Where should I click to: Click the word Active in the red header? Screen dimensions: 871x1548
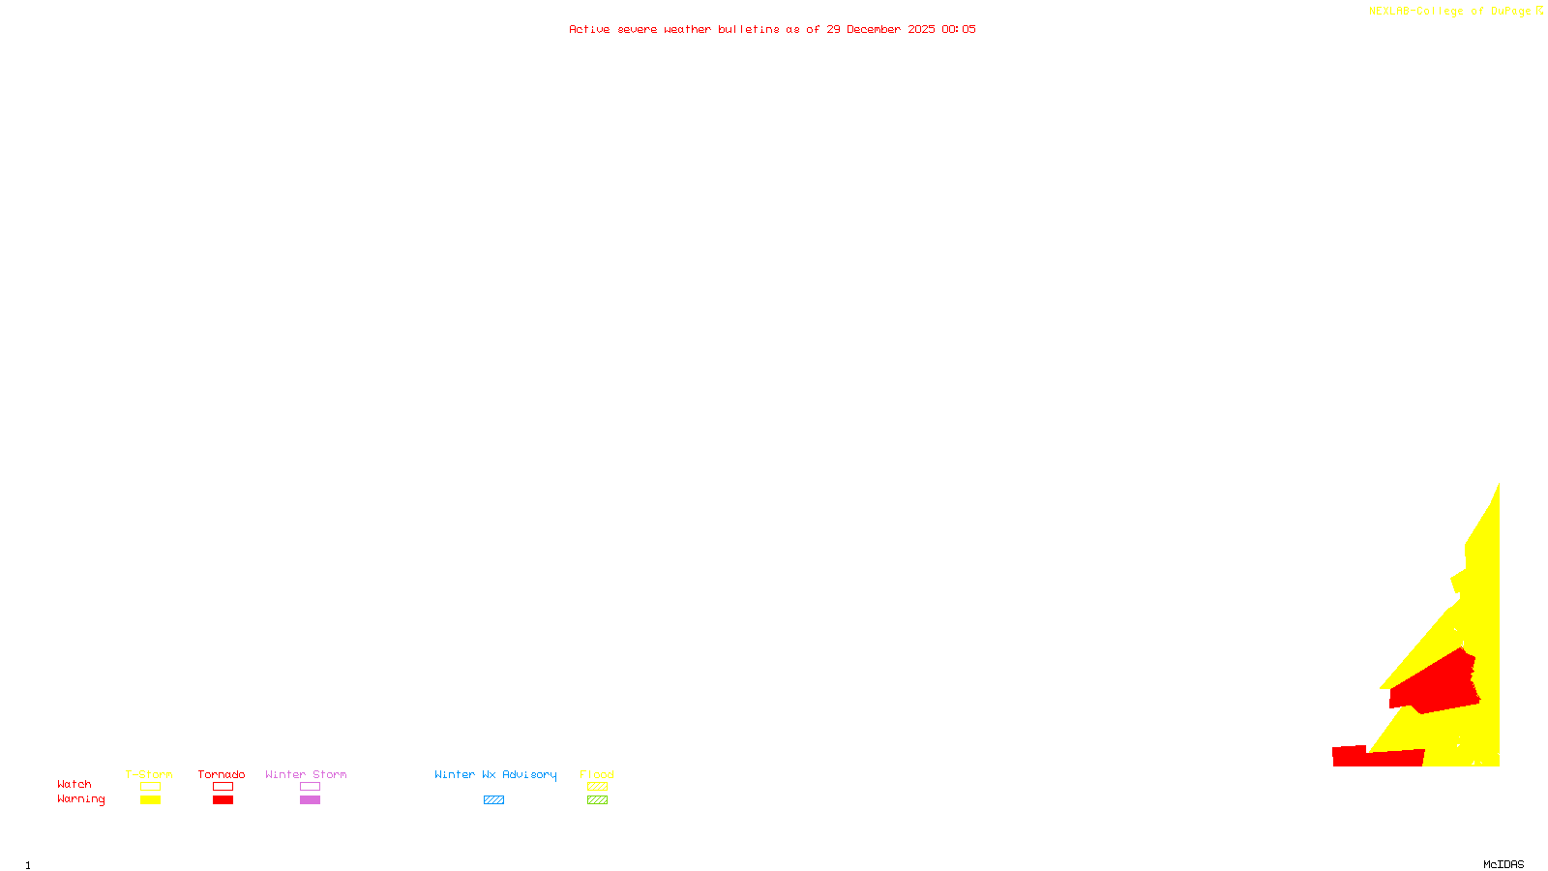click(x=589, y=30)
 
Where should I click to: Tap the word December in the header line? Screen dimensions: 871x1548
click(x=874, y=30)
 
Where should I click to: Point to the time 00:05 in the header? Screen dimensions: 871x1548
click(x=959, y=30)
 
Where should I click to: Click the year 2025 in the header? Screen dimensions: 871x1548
click(x=921, y=30)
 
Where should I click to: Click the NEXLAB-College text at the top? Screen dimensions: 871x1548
click(x=1415, y=12)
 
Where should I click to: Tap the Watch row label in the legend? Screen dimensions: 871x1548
click(x=74, y=785)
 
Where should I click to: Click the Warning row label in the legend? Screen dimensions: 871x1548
click(x=80, y=799)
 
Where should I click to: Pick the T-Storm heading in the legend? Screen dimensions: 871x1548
click(x=149, y=774)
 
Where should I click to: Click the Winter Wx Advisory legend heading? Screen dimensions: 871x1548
click(x=495, y=774)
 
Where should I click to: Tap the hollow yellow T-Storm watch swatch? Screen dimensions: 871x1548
click(x=150, y=787)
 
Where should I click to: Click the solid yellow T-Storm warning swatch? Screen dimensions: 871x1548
click(x=150, y=800)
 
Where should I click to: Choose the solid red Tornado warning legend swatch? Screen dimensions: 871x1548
click(x=223, y=800)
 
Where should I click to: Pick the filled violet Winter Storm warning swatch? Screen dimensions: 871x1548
click(x=310, y=800)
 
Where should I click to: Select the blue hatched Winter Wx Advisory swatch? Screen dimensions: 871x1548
click(x=493, y=800)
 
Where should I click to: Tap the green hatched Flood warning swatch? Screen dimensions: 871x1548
click(x=597, y=800)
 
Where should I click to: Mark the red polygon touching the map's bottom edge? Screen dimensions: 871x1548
click(x=1374, y=758)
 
